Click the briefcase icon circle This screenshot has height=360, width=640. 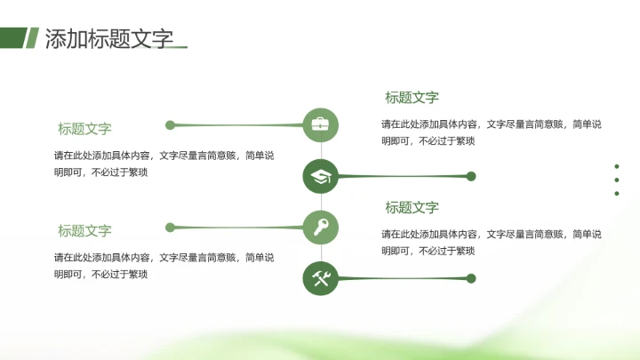point(320,124)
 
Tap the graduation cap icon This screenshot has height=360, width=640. point(320,176)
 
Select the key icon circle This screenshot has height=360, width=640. point(320,228)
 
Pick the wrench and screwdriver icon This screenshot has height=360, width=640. point(320,278)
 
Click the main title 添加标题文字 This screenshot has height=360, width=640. point(108,38)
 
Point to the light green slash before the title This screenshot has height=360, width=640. point(32,37)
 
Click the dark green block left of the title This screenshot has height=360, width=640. point(12,37)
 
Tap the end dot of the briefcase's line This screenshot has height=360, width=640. point(170,124)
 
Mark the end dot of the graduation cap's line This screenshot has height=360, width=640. point(471,176)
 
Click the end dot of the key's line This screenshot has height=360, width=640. point(170,228)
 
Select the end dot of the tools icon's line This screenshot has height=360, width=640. point(471,278)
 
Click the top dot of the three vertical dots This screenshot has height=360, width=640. point(617,166)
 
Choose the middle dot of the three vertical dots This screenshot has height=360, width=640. point(617,180)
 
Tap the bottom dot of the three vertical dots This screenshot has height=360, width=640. point(617,193)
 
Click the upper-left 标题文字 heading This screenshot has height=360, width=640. point(84,129)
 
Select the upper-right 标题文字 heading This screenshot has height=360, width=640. point(412,98)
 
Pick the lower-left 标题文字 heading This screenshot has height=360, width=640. point(84,231)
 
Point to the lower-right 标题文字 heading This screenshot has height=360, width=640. point(412,208)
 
